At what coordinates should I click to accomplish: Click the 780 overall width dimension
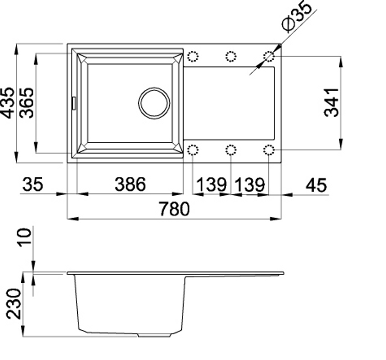point(174,209)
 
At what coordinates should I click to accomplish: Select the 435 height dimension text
point(8,103)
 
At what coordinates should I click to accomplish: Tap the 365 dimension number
point(26,103)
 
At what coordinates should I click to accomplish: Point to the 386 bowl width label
point(130,184)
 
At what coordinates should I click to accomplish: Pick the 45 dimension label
point(316,185)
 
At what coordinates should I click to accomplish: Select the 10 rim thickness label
point(24,237)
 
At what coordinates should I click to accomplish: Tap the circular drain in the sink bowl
point(154,103)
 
